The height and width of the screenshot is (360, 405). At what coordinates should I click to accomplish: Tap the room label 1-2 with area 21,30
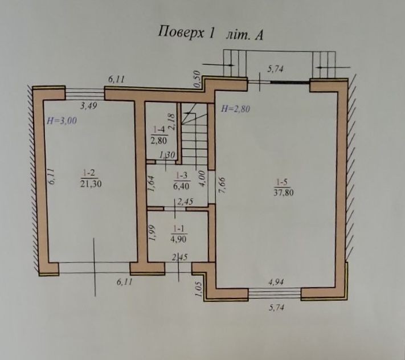tap(91, 178)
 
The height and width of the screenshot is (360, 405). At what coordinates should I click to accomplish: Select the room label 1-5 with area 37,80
tap(283, 188)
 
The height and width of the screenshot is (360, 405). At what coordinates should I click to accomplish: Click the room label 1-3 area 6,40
tap(181, 181)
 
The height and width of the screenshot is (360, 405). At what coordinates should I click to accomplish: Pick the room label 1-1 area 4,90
tap(179, 234)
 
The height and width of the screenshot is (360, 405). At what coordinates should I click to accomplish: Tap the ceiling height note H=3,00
tap(62, 121)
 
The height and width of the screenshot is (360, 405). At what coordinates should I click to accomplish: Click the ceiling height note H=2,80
tap(235, 109)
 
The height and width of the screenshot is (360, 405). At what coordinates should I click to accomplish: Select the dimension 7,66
tap(222, 185)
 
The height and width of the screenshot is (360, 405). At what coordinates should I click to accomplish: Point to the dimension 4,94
tap(276, 282)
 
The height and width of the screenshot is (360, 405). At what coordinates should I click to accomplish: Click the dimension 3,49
tap(89, 105)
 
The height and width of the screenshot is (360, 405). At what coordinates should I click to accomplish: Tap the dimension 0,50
tap(197, 79)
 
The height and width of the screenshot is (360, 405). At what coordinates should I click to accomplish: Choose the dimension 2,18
tap(172, 122)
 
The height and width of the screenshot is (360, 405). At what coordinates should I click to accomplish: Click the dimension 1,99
tap(152, 233)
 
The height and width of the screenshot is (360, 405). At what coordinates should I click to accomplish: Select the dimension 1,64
tap(152, 183)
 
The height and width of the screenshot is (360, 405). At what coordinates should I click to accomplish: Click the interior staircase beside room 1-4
tap(194, 134)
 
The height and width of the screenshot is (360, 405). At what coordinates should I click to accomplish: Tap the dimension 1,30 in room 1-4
tap(167, 155)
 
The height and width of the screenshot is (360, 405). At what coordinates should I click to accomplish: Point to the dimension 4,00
tap(203, 179)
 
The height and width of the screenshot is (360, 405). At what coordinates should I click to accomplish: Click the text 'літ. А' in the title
tap(244, 35)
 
